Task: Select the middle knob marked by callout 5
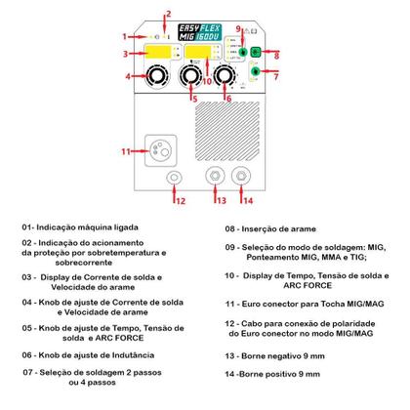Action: (x=192, y=76)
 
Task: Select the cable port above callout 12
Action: (x=173, y=177)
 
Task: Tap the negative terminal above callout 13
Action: (x=208, y=177)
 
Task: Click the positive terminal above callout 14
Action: (x=240, y=177)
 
